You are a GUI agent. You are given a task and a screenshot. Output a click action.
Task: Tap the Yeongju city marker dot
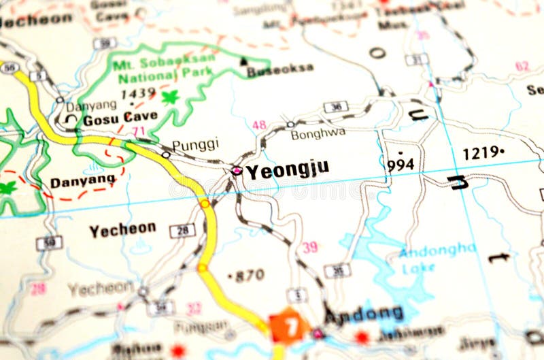[237, 170]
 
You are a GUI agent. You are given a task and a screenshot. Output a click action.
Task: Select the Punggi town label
[195, 144]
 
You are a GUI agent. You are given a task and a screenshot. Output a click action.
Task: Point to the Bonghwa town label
[318, 134]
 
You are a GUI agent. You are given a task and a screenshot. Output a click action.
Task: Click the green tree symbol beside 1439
[170, 97]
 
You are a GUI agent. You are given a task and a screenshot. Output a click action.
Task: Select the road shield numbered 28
[182, 230]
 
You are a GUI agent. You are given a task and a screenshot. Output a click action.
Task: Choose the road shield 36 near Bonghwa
[336, 107]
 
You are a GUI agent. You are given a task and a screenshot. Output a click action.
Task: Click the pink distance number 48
[259, 125]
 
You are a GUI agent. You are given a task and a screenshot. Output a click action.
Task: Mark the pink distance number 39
[310, 247]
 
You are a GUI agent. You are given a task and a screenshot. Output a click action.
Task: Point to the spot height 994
[400, 164]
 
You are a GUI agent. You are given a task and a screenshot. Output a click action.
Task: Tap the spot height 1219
[483, 153]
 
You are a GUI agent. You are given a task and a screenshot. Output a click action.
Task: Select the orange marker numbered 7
[290, 327]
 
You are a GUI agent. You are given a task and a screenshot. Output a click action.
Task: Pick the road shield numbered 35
[337, 271]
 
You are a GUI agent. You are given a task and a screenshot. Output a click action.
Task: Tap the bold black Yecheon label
[122, 229]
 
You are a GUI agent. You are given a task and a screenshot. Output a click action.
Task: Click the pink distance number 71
[139, 131]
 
